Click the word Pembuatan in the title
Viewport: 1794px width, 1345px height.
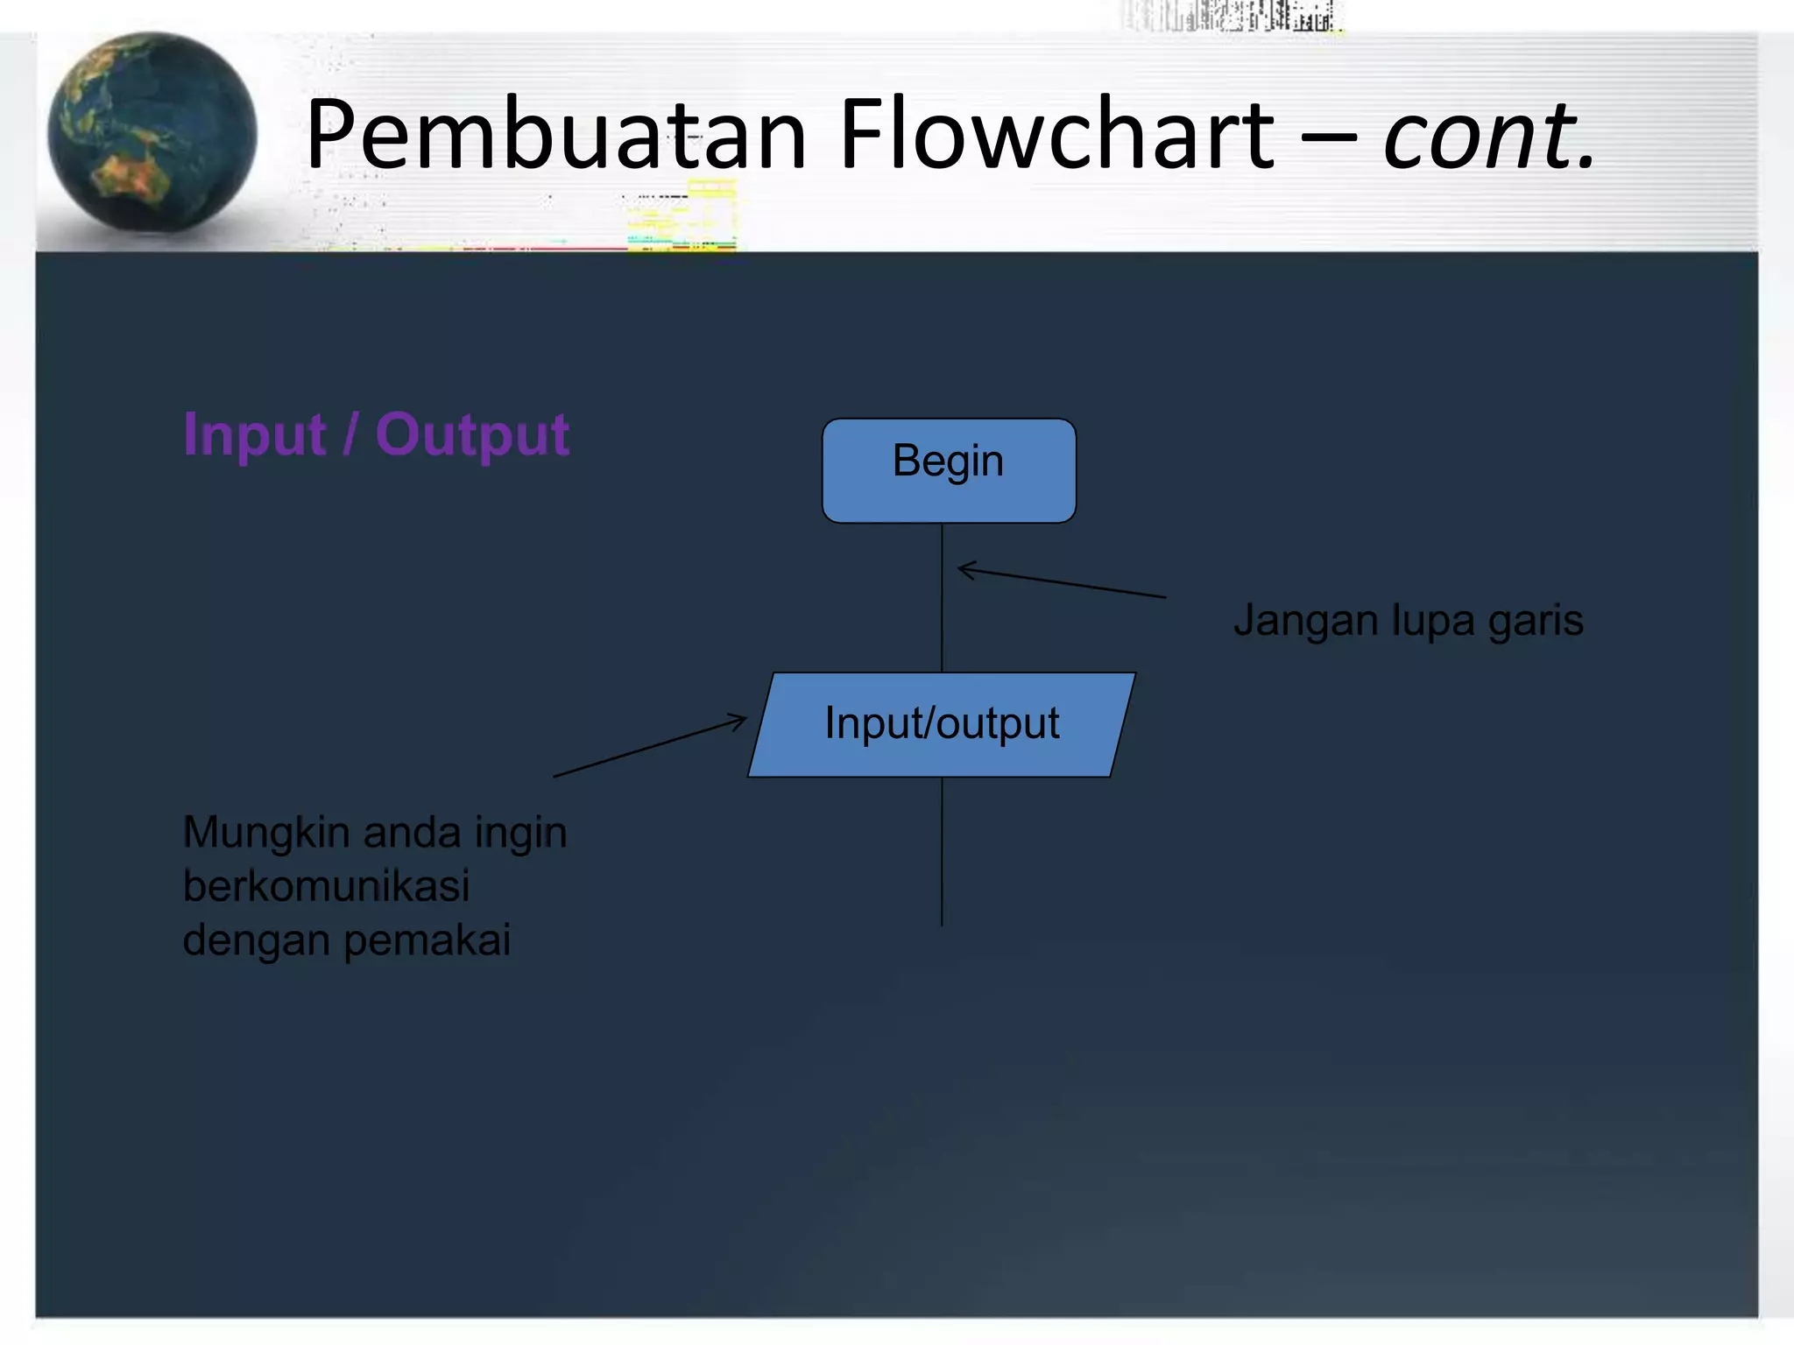point(555,136)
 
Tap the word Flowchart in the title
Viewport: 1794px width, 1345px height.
point(1056,136)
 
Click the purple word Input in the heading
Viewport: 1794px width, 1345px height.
point(255,435)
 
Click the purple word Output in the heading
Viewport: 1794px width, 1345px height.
point(472,435)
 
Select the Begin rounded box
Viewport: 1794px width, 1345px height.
point(949,471)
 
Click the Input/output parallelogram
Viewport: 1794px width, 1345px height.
point(942,725)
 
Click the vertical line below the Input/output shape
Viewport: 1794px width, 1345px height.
point(942,854)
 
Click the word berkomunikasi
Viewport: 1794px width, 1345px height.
point(326,886)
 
